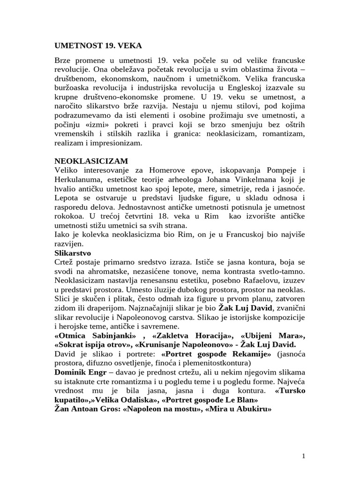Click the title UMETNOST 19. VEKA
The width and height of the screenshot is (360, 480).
(98, 45)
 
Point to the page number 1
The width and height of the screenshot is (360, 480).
(304, 456)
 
